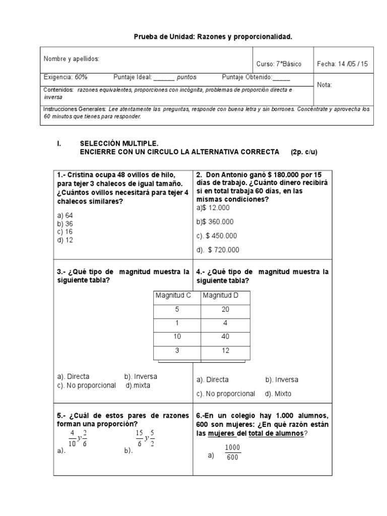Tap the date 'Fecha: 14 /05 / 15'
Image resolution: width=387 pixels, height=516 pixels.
343,64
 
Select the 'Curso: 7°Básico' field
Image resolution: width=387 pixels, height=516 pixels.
279,64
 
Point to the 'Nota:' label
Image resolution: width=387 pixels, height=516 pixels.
325,85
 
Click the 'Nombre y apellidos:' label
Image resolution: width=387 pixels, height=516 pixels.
72,59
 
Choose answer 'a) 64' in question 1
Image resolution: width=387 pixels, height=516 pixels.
65,215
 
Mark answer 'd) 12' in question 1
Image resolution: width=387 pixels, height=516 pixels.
65,240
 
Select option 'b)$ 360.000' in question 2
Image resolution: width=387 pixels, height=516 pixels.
215,222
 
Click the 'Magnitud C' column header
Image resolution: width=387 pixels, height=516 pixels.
173,295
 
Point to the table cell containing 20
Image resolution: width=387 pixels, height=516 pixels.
225,309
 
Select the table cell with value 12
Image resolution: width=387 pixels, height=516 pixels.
225,351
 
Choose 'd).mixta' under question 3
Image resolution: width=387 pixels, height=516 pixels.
138,385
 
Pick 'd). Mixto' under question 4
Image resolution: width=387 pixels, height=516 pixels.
278,394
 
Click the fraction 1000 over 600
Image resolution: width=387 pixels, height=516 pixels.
232,452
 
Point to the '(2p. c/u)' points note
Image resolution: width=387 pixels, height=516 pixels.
304,151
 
